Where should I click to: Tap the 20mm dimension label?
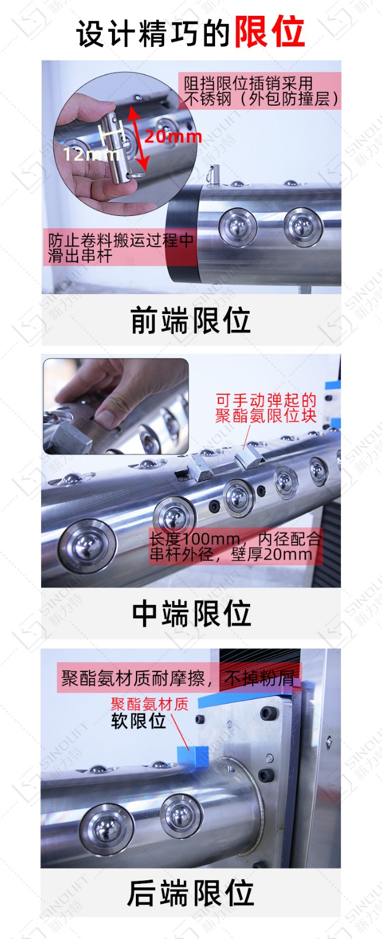(173, 137)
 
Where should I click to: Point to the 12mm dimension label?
(90, 154)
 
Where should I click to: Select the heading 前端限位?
(191, 320)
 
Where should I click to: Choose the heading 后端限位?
(190, 893)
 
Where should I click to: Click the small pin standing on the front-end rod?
(214, 175)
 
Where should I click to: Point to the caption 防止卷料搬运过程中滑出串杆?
(121, 248)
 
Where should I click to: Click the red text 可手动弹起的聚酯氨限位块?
(265, 408)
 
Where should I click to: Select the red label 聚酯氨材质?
(149, 704)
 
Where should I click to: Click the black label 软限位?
(138, 721)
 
